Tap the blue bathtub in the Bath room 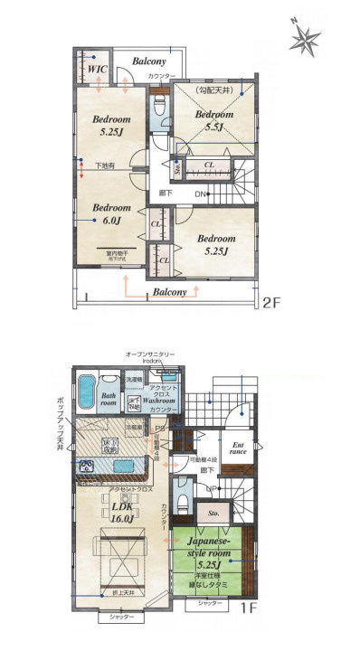85,394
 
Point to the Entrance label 239,450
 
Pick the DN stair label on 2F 201,194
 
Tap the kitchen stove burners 89,466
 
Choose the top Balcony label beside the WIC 148,61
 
